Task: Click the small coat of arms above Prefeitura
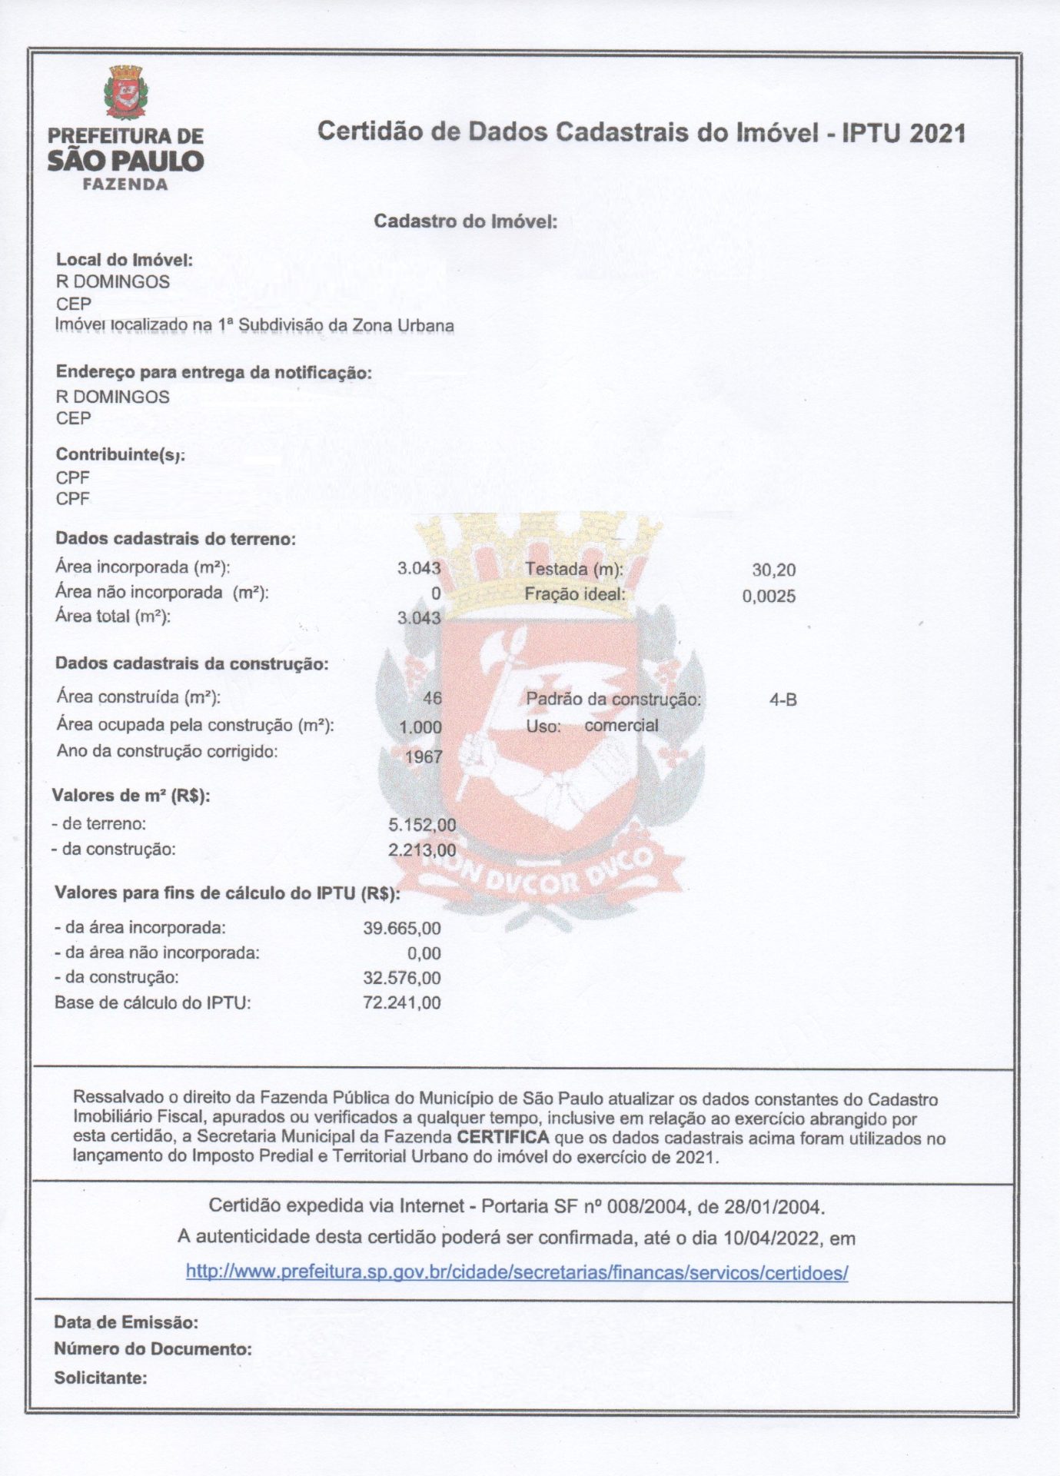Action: click(x=125, y=92)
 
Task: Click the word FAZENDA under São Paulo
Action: click(x=125, y=184)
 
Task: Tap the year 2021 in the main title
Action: click(x=937, y=133)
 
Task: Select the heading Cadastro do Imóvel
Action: click(x=465, y=221)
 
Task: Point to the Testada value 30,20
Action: click(x=773, y=570)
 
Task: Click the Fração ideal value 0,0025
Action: click(x=769, y=597)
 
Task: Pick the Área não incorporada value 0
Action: click(x=436, y=593)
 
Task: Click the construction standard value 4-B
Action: click(x=783, y=700)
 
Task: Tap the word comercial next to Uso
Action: click(x=621, y=725)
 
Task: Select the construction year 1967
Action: click(x=424, y=756)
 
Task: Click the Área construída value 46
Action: click(x=432, y=698)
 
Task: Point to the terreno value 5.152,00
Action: click(x=422, y=825)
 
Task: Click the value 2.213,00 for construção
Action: click(x=422, y=850)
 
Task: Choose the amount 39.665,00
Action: click(x=402, y=929)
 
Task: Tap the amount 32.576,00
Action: click(x=402, y=979)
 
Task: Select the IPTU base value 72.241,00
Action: click(x=402, y=1003)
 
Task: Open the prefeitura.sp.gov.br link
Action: click(x=517, y=1272)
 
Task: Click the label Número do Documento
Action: click(x=152, y=1349)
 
